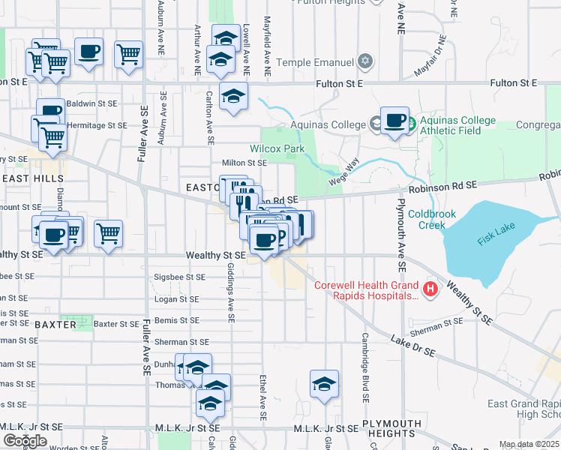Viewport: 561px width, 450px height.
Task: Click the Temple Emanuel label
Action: click(315, 62)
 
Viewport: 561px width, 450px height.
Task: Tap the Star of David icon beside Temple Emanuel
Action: click(365, 61)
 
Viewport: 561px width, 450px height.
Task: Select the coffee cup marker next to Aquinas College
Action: click(394, 120)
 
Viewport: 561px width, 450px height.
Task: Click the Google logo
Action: click(24, 441)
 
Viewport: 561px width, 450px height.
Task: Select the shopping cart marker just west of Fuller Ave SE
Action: click(109, 232)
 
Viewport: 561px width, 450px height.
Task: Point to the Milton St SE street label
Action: click(244, 162)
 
